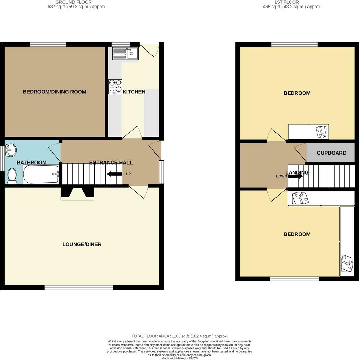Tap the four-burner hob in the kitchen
[115, 87]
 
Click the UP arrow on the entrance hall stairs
[114, 174]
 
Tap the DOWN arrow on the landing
[295, 176]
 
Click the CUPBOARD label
[331, 153]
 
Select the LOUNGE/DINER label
[82, 244]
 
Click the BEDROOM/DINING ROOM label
[54, 92]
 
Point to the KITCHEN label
[134, 92]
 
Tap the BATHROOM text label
[31, 162]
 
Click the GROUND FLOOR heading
[74, 2]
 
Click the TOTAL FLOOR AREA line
[180, 336]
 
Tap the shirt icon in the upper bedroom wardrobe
[322, 132]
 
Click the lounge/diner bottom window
[79, 288]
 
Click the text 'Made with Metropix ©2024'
[180, 358]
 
